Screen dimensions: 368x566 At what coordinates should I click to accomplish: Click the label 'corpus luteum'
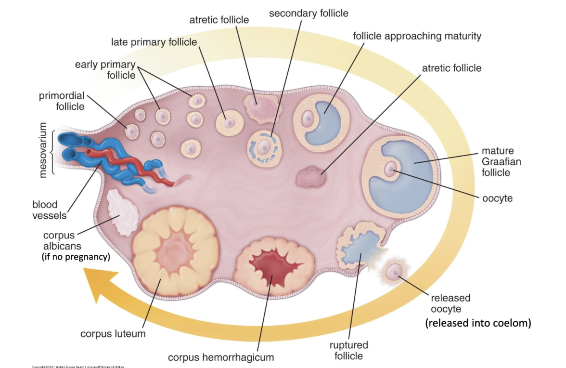pos(113,333)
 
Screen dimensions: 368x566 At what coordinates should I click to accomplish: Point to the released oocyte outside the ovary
pos(396,273)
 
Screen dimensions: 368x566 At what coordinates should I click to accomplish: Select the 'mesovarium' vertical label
pos(44,150)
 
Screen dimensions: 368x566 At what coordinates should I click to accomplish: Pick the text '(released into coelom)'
pos(478,323)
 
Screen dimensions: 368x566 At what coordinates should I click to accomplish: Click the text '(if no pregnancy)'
pos(76,257)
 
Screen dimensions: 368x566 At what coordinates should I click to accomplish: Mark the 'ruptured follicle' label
pos(348,351)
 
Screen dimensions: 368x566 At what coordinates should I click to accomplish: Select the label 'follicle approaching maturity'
pos(417,36)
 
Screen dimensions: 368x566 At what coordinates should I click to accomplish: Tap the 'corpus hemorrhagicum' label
pos(221,357)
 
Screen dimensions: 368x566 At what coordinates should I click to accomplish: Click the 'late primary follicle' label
pos(154,42)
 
